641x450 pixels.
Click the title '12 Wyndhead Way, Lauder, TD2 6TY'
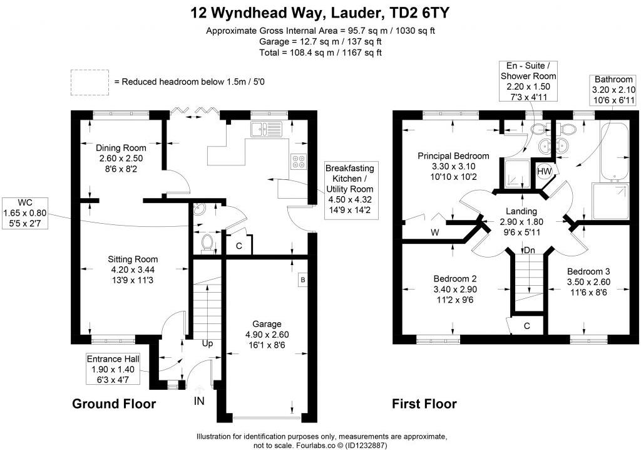[320, 13]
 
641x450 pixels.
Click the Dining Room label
[121, 159]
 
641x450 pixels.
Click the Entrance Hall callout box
[113, 369]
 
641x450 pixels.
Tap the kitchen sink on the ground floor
[266, 130]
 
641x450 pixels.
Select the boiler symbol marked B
[302, 280]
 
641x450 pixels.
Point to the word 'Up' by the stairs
[207, 344]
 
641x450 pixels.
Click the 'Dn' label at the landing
[530, 250]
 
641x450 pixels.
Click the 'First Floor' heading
[424, 404]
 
